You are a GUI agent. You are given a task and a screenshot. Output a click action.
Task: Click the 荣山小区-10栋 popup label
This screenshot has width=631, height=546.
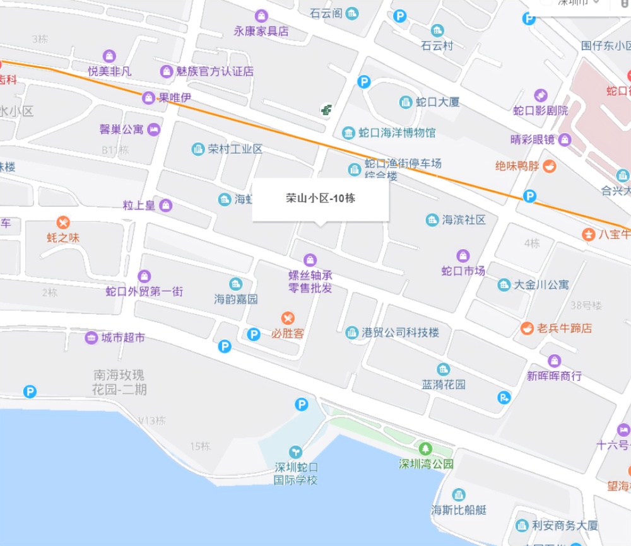coord(320,198)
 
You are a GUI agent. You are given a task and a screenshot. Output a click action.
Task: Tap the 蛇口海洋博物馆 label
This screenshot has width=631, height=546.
coord(397,133)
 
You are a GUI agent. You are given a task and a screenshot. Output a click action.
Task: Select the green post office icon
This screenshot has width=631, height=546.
coord(326,110)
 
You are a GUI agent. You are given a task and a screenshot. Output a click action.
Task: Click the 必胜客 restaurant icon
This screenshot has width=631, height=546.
coord(288,317)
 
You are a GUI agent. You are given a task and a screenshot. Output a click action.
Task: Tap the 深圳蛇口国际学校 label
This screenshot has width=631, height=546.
coord(295,474)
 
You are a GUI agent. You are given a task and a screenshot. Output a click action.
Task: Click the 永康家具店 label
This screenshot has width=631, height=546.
coord(261,31)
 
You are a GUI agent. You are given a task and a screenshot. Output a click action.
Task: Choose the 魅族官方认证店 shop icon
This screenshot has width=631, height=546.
coord(166,71)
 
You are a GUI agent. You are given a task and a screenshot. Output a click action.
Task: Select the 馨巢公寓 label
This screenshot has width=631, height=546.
coord(122,129)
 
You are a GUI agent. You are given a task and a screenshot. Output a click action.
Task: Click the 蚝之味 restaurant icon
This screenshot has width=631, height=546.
coord(62,223)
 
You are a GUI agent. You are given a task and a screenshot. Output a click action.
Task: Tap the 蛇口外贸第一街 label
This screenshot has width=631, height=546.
coord(144,291)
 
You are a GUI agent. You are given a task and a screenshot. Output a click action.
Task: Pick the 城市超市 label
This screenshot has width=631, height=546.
coord(123,337)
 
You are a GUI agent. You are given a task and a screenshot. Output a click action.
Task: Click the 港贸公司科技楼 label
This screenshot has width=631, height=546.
coord(401,332)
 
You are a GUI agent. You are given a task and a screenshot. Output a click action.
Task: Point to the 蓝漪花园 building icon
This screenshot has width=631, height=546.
coord(444,369)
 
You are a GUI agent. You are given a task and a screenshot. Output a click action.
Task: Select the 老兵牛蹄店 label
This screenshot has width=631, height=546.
coord(564,328)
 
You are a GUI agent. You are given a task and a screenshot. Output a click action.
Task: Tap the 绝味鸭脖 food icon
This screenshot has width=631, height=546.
coord(550,166)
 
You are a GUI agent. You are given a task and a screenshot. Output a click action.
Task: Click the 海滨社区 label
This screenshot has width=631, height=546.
coord(464,220)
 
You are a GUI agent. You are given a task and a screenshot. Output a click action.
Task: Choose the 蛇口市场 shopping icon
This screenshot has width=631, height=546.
coord(463,256)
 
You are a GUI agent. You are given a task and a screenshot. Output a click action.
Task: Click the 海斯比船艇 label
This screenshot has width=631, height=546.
coord(459,510)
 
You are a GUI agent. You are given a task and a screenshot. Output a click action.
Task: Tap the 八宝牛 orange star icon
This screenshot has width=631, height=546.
coord(588,235)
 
